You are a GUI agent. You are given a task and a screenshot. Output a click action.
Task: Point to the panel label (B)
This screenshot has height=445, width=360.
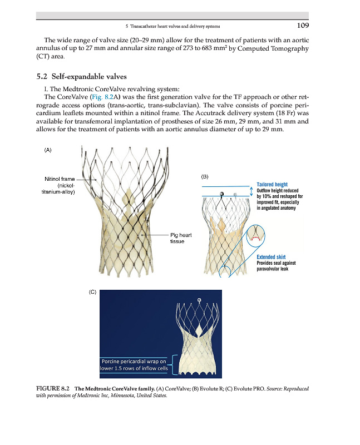(204, 176)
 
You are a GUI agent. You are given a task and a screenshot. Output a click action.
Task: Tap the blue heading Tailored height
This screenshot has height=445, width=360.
(272, 185)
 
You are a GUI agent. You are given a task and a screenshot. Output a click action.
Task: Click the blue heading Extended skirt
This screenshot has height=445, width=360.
(272, 257)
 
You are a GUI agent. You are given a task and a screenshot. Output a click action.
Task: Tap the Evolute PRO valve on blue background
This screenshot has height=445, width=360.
(198, 339)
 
